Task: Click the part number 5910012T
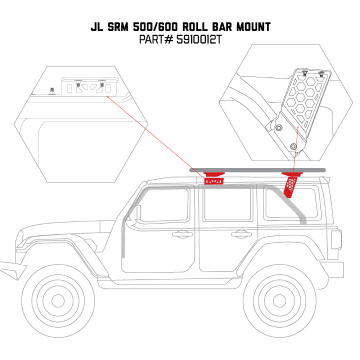199,40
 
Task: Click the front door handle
182,234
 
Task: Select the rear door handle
241,234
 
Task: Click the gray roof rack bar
256,170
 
